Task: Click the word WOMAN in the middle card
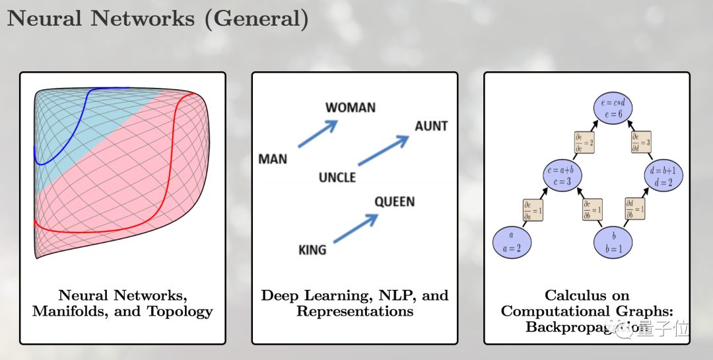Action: point(350,108)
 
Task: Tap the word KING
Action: point(312,250)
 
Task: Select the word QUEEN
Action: point(394,201)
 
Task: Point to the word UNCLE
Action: point(337,177)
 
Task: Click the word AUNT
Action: point(431,126)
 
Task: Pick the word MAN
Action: point(273,159)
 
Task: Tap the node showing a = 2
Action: point(512,242)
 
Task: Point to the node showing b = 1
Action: point(614,242)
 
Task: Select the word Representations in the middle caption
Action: point(355,310)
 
